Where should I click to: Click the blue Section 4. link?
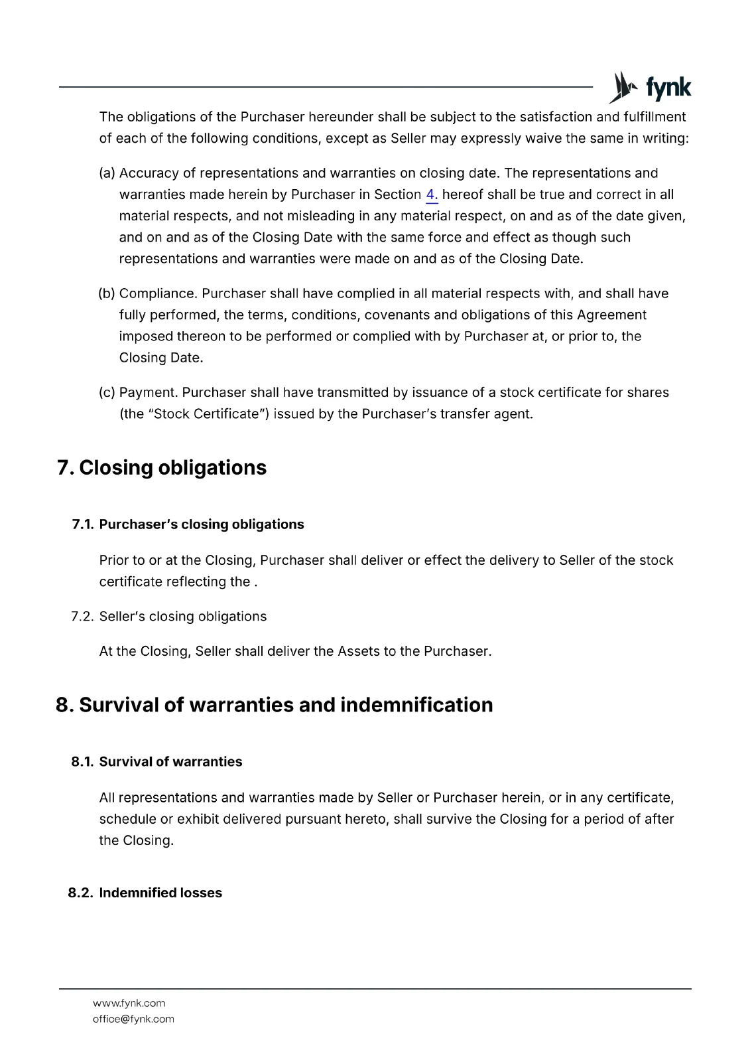coord(432,194)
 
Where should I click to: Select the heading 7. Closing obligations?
coord(162,467)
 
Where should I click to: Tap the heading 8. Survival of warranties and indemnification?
coord(275,704)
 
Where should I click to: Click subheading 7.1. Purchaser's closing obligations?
coord(188,524)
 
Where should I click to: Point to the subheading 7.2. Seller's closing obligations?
coord(169,617)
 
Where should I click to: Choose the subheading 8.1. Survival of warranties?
coord(157,761)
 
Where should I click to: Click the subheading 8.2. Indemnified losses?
coord(145,893)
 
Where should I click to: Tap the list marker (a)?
coord(107,173)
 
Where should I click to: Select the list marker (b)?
coord(107,293)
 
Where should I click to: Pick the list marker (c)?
coord(107,392)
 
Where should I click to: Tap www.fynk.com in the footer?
coord(129,1003)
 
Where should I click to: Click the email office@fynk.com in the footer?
coord(133,1019)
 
